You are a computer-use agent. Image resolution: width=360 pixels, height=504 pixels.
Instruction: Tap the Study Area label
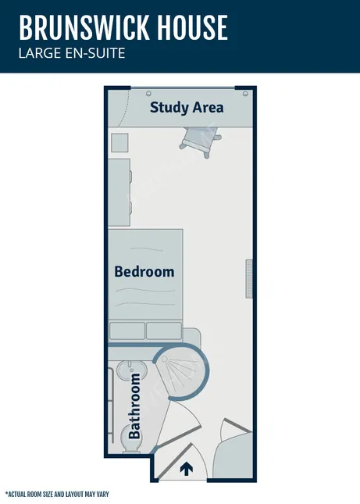(x=187, y=107)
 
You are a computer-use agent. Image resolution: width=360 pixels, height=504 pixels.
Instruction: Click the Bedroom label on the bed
(x=144, y=271)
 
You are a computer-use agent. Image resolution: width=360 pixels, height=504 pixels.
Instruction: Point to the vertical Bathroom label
(x=134, y=405)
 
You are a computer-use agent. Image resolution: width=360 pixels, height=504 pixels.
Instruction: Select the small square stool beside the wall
(x=119, y=142)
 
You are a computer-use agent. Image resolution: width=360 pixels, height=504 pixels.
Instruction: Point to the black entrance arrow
(x=187, y=469)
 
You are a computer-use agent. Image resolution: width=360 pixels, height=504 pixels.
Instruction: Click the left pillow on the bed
(x=127, y=331)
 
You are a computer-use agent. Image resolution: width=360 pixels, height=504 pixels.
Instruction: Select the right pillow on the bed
(x=164, y=331)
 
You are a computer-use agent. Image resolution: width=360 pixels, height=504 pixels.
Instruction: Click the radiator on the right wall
(x=249, y=278)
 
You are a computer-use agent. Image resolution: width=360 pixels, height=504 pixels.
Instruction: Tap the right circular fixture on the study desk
(x=245, y=94)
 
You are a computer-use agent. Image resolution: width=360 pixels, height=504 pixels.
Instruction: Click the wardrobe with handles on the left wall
(x=119, y=192)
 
